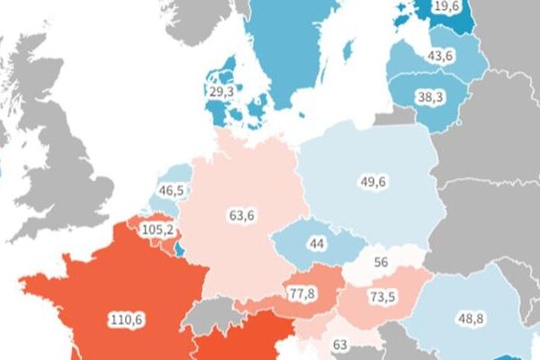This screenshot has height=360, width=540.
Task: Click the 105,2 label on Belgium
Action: pyautogui.click(x=157, y=229)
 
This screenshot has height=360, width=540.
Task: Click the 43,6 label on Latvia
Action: pyautogui.click(x=440, y=56)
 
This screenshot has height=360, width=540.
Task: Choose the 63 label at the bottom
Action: pyautogui.click(x=339, y=344)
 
